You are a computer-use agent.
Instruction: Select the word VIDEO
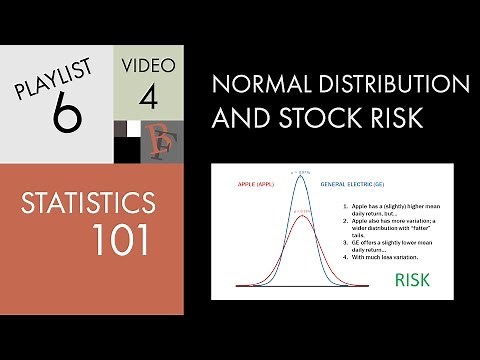point(148,66)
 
